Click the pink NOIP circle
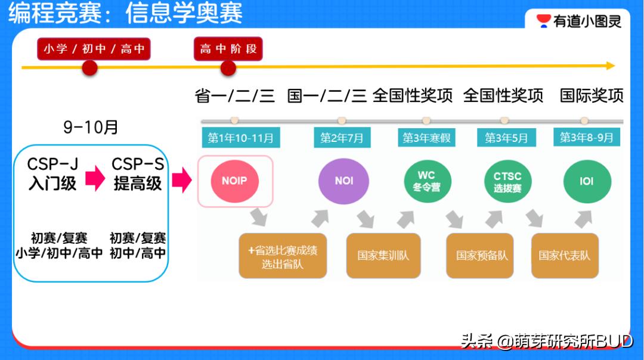pos(234,181)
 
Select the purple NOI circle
pos(343,181)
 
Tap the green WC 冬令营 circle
pos(426,181)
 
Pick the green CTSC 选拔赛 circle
pos(507,181)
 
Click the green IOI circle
pos(587,181)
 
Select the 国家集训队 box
pos(383,256)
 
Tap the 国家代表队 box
pos(564,256)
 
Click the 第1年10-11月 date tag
pos(240,138)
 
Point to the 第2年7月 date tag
pos(342,138)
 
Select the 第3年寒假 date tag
pos(426,138)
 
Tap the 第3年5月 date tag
pos(506,138)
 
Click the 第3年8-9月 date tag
pos(586,138)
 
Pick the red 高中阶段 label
pos(228,49)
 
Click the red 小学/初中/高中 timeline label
pos(94,49)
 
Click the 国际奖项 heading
pos(592,95)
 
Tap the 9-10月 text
pos(91,127)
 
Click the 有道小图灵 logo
pos(579,21)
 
